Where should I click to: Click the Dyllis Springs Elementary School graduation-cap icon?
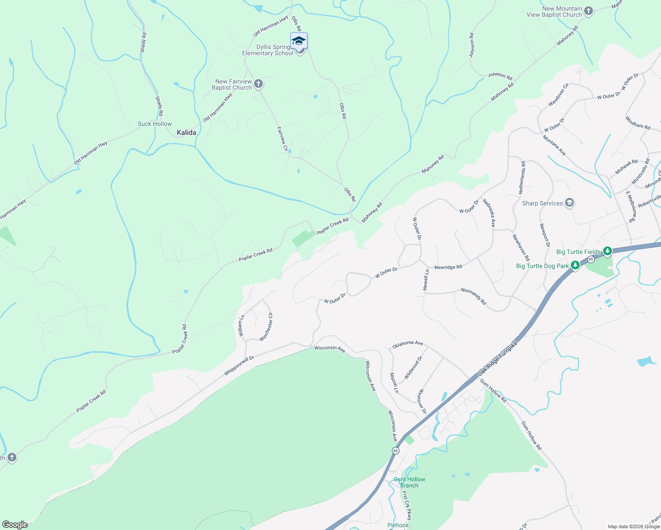click(299, 41)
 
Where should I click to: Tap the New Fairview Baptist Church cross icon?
click(258, 84)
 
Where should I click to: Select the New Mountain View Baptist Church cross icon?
click(588, 11)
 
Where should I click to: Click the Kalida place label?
click(186, 132)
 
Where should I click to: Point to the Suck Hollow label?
click(155, 124)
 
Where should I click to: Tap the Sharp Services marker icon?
click(570, 203)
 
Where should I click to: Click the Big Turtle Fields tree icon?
click(608, 251)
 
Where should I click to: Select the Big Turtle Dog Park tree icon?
click(575, 265)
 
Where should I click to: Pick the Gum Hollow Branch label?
click(409, 482)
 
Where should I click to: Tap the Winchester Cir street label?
click(266, 327)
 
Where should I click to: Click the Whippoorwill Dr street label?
click(239, 366)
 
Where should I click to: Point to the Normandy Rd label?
click(474, 296)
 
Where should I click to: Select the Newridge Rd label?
click(448, 267)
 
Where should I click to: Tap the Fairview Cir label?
click(282, 140)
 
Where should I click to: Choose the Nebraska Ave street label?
click(489, 213)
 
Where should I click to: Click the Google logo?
click(15, 525)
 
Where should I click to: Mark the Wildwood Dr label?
click(414, 367)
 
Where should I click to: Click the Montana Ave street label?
click(555, 145)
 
